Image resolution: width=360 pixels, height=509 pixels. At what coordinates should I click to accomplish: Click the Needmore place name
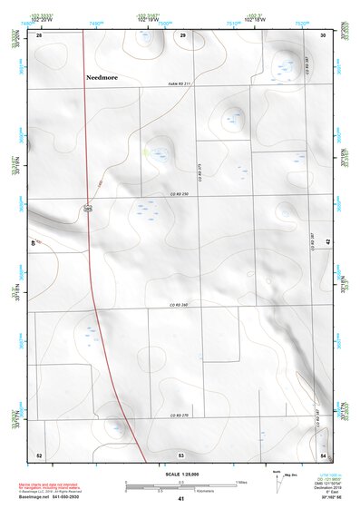pos(104,77)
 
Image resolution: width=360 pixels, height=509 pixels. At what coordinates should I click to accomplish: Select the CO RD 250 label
pos(179,194)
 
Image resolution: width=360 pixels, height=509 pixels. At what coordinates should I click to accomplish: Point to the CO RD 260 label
pos(179,306)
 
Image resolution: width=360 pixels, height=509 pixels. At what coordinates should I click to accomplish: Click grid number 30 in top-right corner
pos(324,35)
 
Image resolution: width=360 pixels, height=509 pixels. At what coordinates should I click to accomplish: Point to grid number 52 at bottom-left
pos(38,454)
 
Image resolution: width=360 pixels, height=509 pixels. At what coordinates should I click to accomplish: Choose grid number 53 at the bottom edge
pos(181,454)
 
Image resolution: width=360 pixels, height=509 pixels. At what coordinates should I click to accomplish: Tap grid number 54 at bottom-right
pos(323,454)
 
